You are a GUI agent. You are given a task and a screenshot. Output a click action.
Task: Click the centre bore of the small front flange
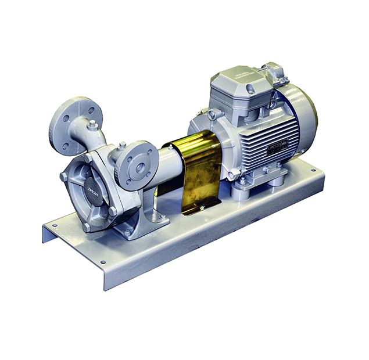[140, 167]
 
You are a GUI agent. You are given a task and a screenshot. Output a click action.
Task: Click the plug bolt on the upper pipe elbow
[92, 124]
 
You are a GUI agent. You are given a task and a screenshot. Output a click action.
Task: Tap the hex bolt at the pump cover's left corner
[64, 176]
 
